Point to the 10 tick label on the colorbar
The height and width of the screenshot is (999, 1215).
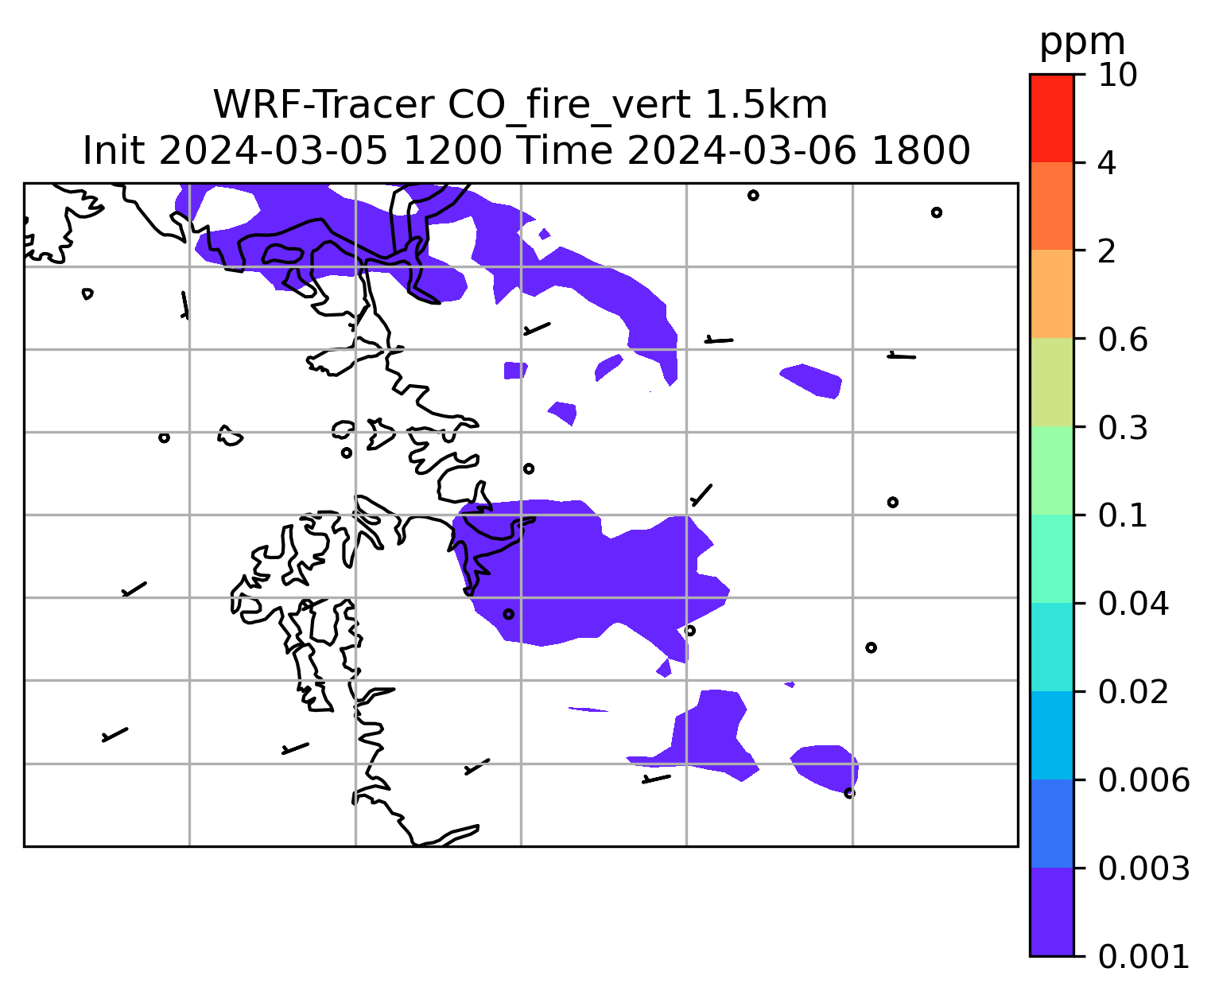(x=1118, y=75)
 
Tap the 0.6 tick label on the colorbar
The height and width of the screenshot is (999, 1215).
(x=1123, y=340)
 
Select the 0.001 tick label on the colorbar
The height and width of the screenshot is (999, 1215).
(x=1143, y=957)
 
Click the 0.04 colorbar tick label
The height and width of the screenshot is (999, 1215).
(x=1133, y=604)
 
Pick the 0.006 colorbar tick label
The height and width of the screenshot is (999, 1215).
(x=1143, y=780)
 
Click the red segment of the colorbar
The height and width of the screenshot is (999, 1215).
(x=1052, y=118)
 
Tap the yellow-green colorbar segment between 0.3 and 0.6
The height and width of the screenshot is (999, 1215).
(x=1052, y=382)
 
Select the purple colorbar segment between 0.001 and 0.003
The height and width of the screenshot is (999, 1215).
(x=1052, y=912)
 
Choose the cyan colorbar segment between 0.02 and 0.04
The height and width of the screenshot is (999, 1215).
(x=1052, y=647)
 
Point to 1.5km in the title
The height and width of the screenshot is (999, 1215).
(x=766, y=105)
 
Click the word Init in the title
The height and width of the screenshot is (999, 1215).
(x=114, y=150)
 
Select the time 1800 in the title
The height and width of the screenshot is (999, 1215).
(x=921, y=150)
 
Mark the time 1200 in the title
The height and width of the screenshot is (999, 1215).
(x=452, y=150)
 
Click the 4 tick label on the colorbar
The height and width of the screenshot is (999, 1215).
(x=1108, y=163)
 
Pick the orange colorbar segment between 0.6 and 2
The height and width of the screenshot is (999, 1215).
(x=1052, y=293)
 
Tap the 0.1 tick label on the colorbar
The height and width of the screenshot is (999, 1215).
(x=1123, y=515)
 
